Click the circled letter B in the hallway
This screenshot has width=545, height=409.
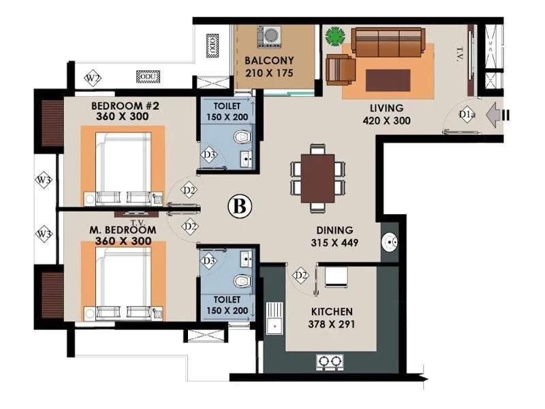pyautogui.click(x=239, y=205)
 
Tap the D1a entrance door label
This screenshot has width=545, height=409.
pyautogui.click(x=467, y=115)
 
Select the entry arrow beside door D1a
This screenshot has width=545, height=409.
pyautogui.click(x=496, y=115)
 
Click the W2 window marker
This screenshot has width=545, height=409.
pyautogui.click(x=93, y=78)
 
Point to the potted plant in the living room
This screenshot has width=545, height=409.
pyautogui.click(x=334, y=35)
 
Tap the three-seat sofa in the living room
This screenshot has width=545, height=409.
pyautogui.click(x=387, y=42)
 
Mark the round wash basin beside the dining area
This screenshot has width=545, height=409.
pyautogui.click(x=390, y=241)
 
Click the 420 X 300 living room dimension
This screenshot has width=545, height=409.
pyautogui.click(x=387, y=121)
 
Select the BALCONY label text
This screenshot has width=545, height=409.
pyautogui.click(x=269, y=60)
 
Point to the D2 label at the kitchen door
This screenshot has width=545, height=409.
pyautogui.click(x=300, y=275)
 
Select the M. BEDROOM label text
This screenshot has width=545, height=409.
pyautogui.click(x=123, y=230)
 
